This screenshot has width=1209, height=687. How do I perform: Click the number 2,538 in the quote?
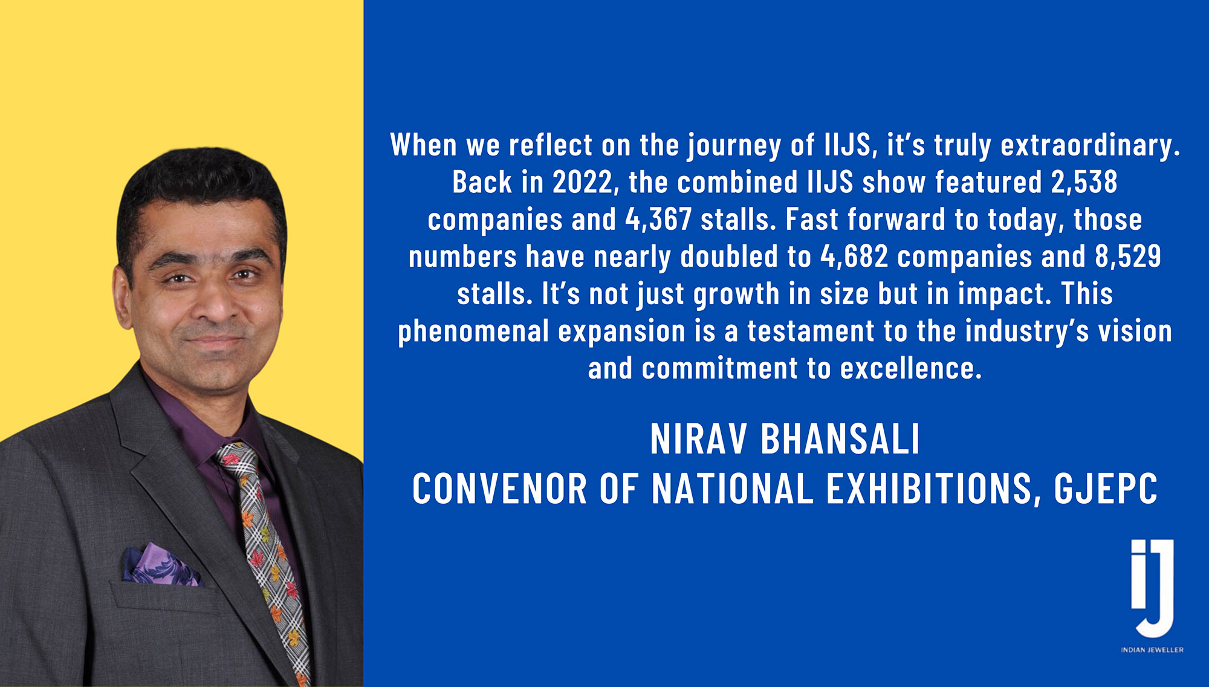(1084, 182)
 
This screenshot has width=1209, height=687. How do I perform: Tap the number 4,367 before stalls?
(658, 220)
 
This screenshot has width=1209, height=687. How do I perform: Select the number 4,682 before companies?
(854, 256)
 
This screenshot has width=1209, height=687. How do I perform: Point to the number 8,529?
(1128, 256)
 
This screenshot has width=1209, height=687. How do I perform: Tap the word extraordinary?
(1090, 146)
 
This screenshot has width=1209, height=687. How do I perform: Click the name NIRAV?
(698, 438)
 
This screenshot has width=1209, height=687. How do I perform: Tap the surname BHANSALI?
(840, 438)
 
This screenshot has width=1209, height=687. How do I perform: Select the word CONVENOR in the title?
(499, 489)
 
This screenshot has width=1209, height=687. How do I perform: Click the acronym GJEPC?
(1106, 489)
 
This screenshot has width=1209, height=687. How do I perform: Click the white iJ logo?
(1152, 587)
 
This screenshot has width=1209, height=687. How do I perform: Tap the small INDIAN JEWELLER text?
(1152, 650)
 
